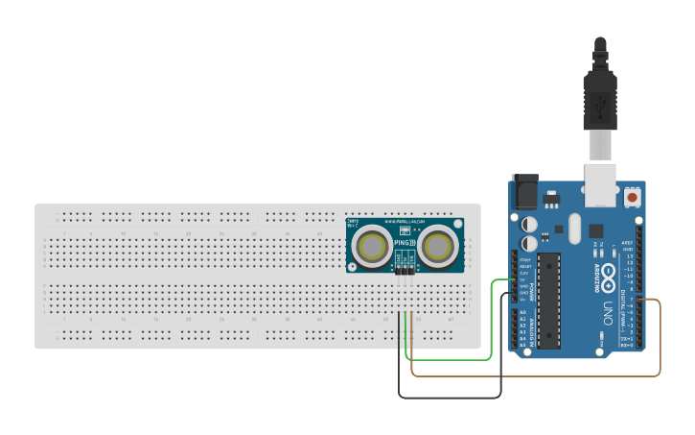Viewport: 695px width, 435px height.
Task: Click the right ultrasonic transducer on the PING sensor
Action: pos(437,246)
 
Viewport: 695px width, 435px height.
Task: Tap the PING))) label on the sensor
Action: pos(404,243)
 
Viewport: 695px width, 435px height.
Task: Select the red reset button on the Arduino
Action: pos(633,197)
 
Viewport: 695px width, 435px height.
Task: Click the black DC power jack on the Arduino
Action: pos(524,191)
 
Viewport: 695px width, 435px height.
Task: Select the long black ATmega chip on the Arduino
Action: pos(548,300)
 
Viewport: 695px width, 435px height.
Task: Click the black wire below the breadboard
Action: pos(451,397)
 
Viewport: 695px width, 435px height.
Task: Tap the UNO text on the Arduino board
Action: pos(607,311)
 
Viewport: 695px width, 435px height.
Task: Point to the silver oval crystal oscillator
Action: pos(573,228)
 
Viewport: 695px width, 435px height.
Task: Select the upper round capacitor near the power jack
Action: pos(529,223)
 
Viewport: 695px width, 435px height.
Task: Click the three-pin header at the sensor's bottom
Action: pos(405,272)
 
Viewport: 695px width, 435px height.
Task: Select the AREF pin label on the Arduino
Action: pos(627,243)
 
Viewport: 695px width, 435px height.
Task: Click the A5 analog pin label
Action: pos(522,344)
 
